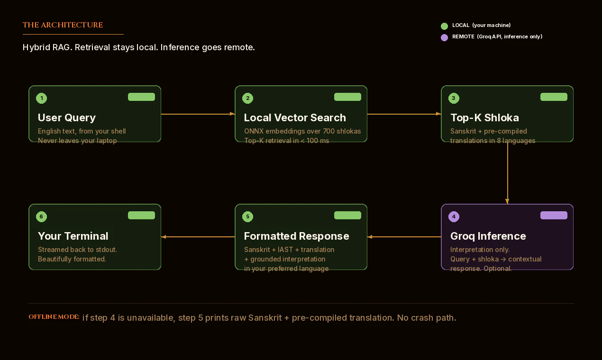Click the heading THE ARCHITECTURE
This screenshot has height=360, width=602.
click(x=63, y=25)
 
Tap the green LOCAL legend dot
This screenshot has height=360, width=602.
click(x=444, y=26)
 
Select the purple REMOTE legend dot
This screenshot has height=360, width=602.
click(x=444, y=37)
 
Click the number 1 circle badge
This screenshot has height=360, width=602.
click(x=41, y=99)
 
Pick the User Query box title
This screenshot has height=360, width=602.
click(x=66, y=117)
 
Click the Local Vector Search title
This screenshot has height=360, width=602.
click(x=294, y=117)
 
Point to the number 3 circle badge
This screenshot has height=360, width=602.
click(x=454, y=99)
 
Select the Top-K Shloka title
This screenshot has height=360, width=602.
click(x=484, y=117)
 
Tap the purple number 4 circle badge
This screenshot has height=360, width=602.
click(x=454, y=217)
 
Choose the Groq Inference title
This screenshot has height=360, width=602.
click(x=488, y=236)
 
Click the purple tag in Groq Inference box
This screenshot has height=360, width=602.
click(x=554, y=216)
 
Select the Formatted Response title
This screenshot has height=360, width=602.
click(x=296, y=236)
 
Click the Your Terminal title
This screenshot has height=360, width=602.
click(x=73, y=236)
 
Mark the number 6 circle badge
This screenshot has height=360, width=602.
click(x=41, y=217)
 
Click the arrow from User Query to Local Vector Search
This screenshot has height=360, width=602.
click(x=198, y=114)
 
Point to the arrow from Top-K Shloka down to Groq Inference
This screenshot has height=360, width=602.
click(x=507, y=173)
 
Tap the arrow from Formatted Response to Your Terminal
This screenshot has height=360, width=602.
click(x=198, y=237)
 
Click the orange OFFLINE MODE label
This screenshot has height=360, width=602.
click(x=54, y=317)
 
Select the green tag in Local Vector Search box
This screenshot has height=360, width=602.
click(x=347, y=97)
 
